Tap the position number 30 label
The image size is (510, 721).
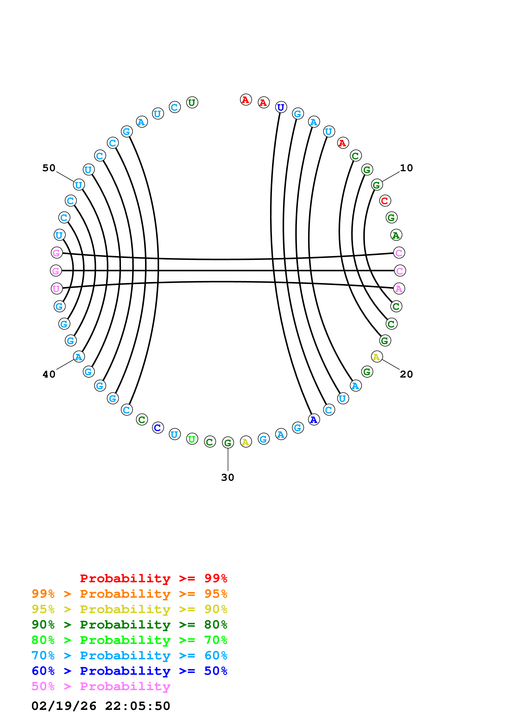[228, 477]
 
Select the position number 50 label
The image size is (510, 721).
[49, 168]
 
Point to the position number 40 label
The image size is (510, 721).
[49, 374]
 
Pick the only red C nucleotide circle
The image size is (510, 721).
[385, 201]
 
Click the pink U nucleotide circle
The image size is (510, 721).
[57, 289]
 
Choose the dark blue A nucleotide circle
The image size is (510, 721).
[314, 419]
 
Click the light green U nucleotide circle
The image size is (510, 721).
[192, 439]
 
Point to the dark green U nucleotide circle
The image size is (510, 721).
[192, 102]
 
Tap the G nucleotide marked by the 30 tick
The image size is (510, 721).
[228, 443]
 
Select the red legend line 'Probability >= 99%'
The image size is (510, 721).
[153, 578]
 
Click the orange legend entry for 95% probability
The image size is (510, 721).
[129, 594]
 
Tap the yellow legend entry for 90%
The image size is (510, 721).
[129, 609]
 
